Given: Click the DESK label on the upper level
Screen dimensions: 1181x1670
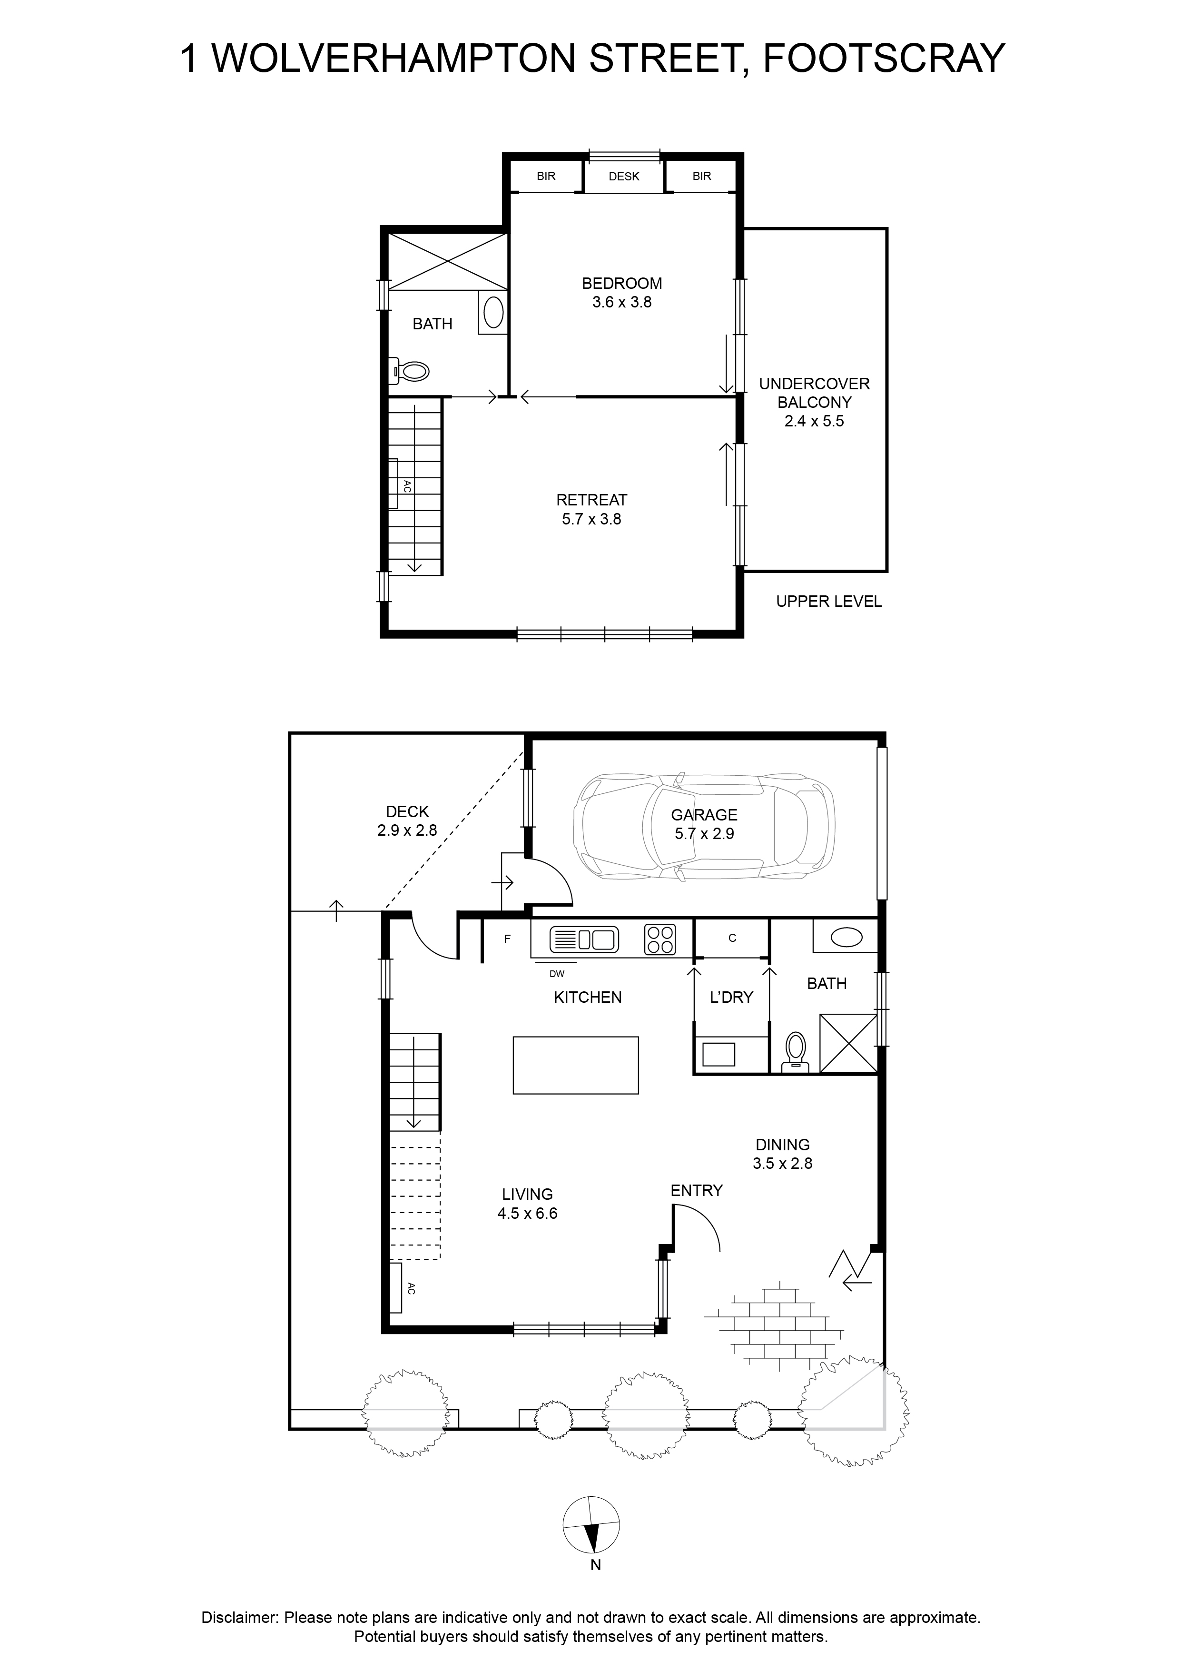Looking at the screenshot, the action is pyautogui.click(x=624, y=176).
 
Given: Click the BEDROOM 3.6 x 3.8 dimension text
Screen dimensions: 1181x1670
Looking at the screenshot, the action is pyautogui.click(x=622, y=302).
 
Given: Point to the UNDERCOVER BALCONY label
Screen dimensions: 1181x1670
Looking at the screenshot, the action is pyautogui.click(x=815, y=393).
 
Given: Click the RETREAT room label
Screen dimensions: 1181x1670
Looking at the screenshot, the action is pyautogui.click(x=591, y=500).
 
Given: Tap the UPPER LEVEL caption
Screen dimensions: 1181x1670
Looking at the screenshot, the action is pyautogui.click(x=828, y=602).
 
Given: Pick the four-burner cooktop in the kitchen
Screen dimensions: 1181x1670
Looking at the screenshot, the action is pyautogui.click(x=659, y=939).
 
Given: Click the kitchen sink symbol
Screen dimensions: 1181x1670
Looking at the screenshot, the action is pyautogui.click(x=584, y=939).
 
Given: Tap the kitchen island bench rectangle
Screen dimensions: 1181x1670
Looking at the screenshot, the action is pyautogui.click(x=576, y=1066).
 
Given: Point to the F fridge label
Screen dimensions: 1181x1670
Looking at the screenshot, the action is pyautogui.click(x=508, y=939).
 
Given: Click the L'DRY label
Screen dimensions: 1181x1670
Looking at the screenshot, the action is pyautogui.click(x=731, y=997).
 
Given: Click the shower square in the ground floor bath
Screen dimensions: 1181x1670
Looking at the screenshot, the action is pyautogui.click(x=849, y=1043).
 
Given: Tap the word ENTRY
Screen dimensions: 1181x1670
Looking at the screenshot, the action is pyautogui.click(x=697, y=1191).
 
